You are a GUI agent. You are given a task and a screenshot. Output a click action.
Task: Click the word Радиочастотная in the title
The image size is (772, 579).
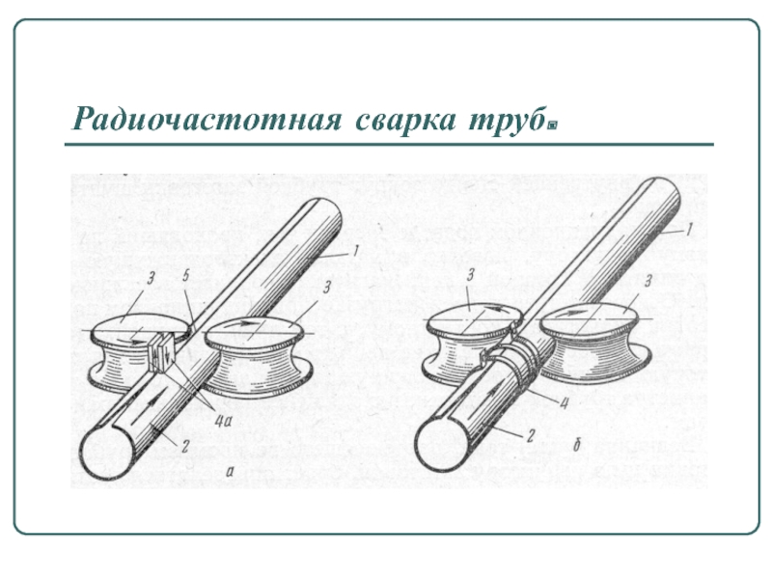[207, 119]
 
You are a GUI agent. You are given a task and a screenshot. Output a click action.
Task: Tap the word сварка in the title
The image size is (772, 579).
[405, 119]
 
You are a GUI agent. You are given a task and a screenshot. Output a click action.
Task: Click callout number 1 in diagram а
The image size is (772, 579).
[354, 252]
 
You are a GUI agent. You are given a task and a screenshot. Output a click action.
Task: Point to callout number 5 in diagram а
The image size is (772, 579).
[185, 276]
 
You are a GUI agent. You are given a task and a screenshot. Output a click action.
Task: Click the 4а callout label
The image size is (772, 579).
[223, 420]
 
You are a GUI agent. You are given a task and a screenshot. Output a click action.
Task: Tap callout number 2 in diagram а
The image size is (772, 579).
[184, 446]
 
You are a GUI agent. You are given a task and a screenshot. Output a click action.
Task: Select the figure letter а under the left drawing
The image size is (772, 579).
[229, 471]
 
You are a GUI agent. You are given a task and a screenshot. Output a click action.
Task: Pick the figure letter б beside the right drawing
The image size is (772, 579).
[576, 445]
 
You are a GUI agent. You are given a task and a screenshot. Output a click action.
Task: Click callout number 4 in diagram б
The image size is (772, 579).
[565, 402]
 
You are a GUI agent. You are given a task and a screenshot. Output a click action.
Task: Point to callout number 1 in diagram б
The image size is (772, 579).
[688, 228]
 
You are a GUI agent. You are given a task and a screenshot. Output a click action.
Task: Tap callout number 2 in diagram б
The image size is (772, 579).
[531, 435]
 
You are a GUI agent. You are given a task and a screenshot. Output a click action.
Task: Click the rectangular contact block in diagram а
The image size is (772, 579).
[160, 352]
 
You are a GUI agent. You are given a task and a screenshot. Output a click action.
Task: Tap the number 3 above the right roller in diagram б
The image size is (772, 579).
[648, 282]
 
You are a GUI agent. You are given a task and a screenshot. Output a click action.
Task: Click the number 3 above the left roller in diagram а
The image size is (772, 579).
[151, 278]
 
